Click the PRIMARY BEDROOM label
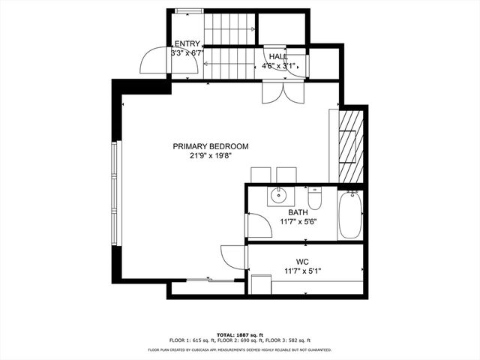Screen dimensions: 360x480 point(210,146)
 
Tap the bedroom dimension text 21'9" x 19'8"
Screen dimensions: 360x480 point(210,156)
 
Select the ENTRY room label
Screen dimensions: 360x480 point(187,44)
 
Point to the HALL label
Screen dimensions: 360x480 point(279,56)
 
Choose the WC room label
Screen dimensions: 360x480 point(302,262)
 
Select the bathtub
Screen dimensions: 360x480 point(350,214)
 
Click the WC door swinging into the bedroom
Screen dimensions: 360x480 point(232,256)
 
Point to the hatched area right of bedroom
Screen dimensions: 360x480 point(351,145)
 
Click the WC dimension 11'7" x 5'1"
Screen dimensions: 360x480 point(302,271)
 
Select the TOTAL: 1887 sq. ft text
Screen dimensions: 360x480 point(240,334)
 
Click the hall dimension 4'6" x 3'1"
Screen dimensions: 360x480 point(279,66)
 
